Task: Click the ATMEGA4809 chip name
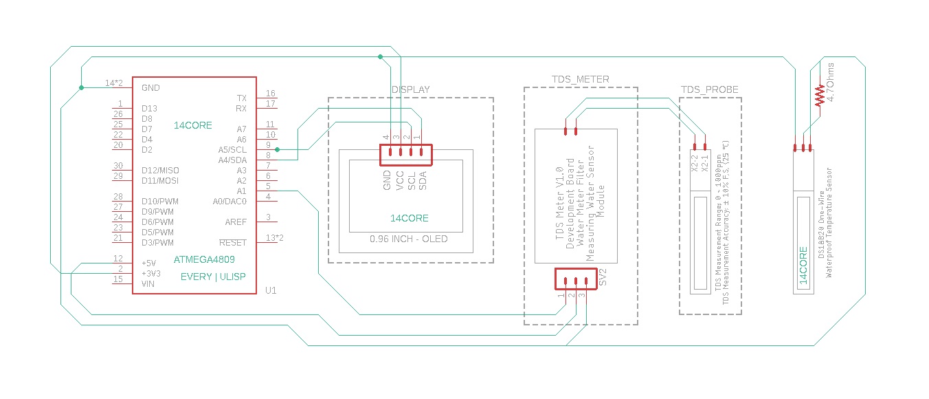[x=204, y=260]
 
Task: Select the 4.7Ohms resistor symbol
[x=819, y=95]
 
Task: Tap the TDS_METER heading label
[x=580, y=79]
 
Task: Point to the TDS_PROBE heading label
[x=710, y=89]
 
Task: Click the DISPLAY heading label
[x=410, y=89]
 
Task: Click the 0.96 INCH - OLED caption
[x=408, y=239]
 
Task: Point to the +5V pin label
[x=148, y=263]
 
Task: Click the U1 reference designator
[x=271, y=290]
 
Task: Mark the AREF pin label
[x=236, y=222]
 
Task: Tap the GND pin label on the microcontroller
[x=150, y=88]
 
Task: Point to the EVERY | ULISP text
[x=213, y=277]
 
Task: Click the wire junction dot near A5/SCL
[x=277, y=149]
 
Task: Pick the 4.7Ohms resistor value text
[x=831, y=83]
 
